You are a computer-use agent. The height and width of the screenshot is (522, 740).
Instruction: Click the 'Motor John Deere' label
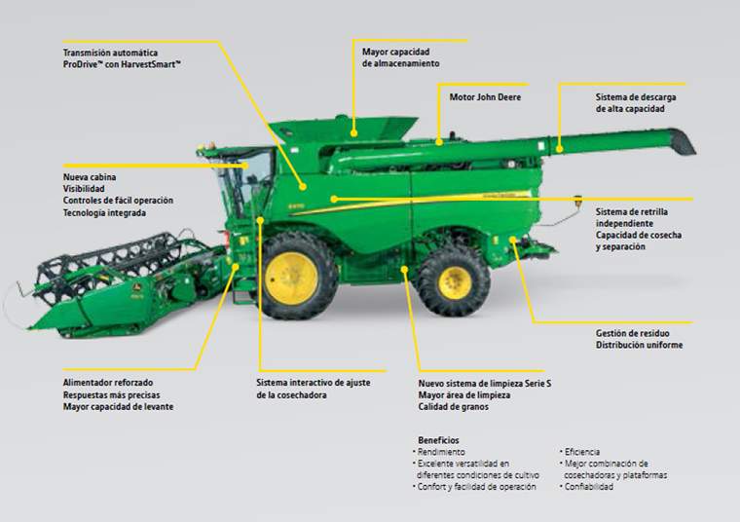click(x=485, y=97)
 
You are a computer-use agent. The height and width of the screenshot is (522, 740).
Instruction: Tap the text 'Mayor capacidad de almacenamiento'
click(x=401, y=57)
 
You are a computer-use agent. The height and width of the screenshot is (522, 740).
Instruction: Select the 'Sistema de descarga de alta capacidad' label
click(x=636, y=103)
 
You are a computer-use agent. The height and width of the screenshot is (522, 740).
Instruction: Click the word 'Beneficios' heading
click(x=438, y=440)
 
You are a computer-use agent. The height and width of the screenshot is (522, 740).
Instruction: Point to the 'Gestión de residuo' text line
click(x=632, y=333)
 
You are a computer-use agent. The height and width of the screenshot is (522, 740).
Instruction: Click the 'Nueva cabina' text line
click(x=90, y=177)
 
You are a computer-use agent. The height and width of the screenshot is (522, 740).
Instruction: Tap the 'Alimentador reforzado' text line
click(x=108, y=383)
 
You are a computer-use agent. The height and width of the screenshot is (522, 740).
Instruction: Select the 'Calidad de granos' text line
click(x=453, y=406)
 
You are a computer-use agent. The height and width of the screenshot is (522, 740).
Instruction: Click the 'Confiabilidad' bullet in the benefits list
click(x=588, y=487)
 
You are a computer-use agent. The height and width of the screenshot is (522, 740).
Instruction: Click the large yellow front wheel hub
click(x=291, y=278)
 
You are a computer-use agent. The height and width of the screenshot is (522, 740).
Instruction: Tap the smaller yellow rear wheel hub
click(x=456, y=283)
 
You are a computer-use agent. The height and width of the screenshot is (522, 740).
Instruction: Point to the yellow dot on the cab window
click(x=246, y=166)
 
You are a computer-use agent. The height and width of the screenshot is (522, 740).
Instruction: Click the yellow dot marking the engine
click(x=439, y=141)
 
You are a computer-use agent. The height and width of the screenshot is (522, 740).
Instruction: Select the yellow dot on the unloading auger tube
click(x=559, y=150)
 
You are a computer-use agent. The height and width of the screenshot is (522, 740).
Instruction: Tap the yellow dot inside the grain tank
click(x=353, y=133)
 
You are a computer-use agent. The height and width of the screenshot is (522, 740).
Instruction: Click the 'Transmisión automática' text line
click(x=110, y=53)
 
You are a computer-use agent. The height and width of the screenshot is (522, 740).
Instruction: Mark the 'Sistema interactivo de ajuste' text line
click(x=314, y=383)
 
